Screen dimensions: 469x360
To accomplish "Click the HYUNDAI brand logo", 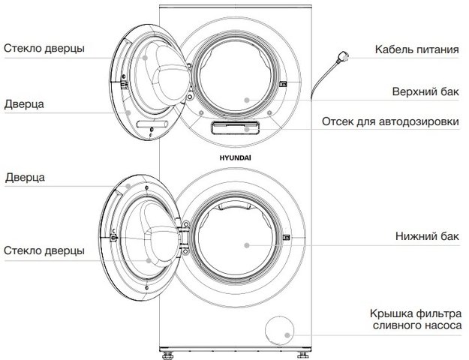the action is pyautogui.click(x=235, y=157).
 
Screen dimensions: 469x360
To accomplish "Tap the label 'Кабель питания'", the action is pyautogui.click(x=417, y=49).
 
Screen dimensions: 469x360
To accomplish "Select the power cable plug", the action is pyautogui.click(x=342, y=56).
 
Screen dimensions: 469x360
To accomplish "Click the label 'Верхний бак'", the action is pyautogui.click(x=425, y=91).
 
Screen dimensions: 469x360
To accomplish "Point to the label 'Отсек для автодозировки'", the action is pyautogui.click(x=390, y=121).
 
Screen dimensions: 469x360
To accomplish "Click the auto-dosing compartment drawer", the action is pyautogui.click(x=235, y=127).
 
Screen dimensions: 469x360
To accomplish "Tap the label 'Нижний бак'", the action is pyautogui.click(x=427, y=236).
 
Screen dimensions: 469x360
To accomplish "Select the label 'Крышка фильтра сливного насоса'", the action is pyautogui.click(x=416, y=319).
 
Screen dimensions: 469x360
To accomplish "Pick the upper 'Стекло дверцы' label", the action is pyautogui.click(x=44, y=48).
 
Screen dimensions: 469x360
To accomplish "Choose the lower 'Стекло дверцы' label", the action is pyautogui.click(x=44, y=250).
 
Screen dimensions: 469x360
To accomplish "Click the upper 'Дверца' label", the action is pyautogui.click(x=24, y=104).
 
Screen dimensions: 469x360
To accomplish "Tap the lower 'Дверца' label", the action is pyautogui.click(x=25, y=177).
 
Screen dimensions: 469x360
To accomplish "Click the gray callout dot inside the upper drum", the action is pyautogui.click(x=247, y=100).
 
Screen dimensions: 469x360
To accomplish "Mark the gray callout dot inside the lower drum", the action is pyautogui.click(x=247, y=245).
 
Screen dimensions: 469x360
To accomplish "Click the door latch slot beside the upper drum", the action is pyautogui.click(x=283, y=85).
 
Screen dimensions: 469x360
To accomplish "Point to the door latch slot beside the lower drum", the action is pyautogui.click(x=286, y=238).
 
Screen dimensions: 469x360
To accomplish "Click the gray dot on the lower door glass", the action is pyautogui.click(x=149, y=261).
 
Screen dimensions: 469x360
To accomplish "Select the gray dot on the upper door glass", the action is pyautogui.click(x=145, y=58).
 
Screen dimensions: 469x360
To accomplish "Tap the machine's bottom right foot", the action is pyautogui.click(x=302, y=355).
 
